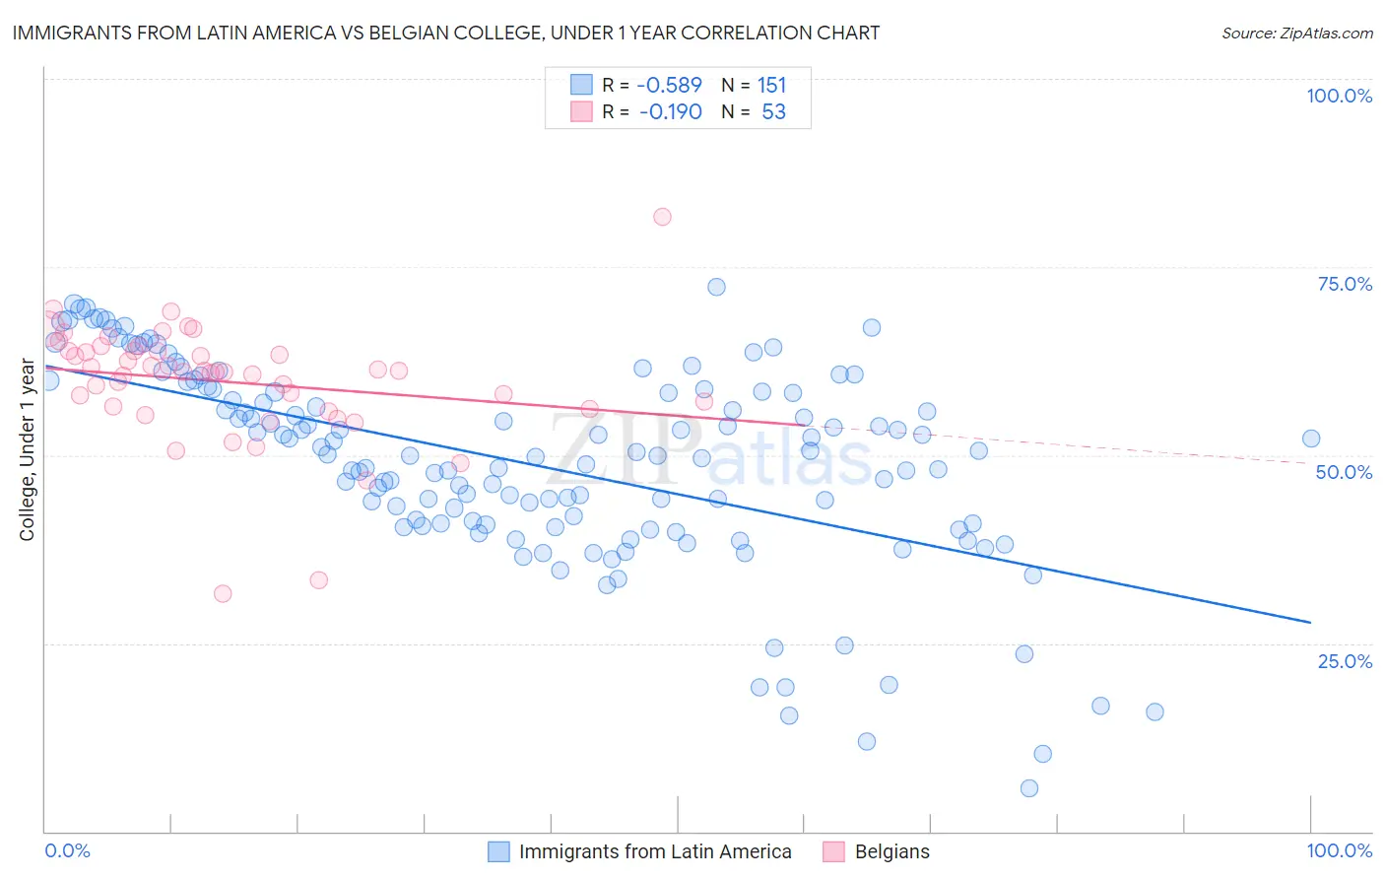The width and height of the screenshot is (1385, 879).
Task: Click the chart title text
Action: coord(446,33)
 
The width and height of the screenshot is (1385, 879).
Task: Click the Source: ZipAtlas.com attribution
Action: coord(1296,33)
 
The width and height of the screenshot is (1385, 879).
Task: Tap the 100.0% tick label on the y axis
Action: coord(1339,96)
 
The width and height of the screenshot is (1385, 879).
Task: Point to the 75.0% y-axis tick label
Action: coord(1345,284)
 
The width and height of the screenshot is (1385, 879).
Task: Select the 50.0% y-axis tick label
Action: coord(1344,472)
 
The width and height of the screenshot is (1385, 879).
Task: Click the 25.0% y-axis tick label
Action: coord(1345,661)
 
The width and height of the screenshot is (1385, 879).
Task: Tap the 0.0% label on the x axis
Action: coord(68,850)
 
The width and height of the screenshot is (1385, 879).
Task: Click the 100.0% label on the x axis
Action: coord(1339,850)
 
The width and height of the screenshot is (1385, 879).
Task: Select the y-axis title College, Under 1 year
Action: coord(27,450)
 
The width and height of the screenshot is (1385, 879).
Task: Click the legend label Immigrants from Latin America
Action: coord(655,851)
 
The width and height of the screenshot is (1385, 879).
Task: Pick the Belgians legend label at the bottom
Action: coord(891,851)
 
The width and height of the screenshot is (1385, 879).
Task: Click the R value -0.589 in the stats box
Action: coord(670,85)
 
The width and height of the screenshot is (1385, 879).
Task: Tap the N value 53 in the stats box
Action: coord(773,111)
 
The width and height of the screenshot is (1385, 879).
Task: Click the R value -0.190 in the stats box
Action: coord(670,111)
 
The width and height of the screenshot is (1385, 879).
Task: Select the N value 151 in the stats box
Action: coord(771,85)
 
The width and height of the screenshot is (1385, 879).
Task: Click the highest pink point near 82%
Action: coord(662,217)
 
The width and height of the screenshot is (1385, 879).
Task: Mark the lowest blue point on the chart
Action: coord(1029,787)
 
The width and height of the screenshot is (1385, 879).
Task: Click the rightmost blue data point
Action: coord(1311,439)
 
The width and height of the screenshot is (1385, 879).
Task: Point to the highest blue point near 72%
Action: coord(716,287)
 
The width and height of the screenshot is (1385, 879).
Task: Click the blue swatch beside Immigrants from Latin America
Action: coord(499,851)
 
